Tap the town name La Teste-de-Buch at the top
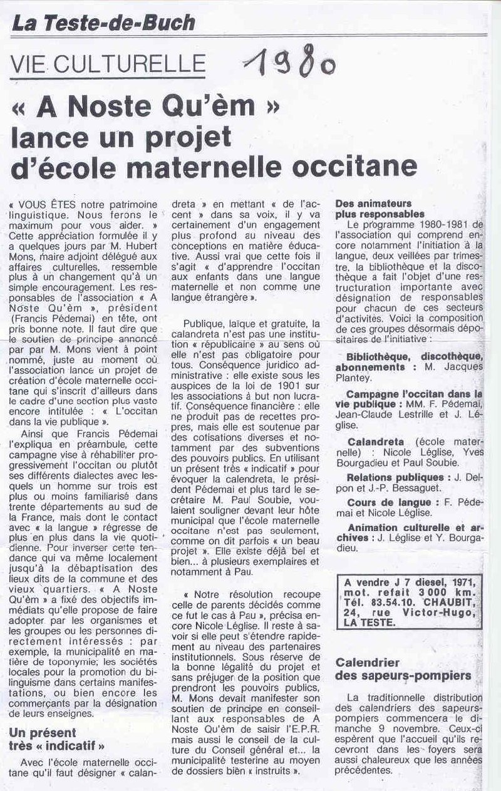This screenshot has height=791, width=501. click(x=104, y=23)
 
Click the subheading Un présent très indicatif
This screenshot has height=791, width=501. click(x=56, y=739)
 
